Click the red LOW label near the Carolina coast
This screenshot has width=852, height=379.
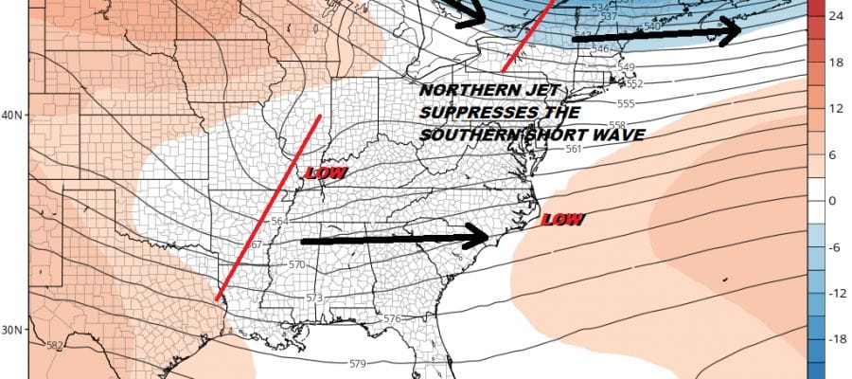pos(561,220)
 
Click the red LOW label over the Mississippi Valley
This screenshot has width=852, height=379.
pos(325,173)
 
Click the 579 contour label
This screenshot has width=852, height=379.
pos(358,364)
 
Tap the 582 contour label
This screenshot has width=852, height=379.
pos(55,345)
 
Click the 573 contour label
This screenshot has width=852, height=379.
pos(315,298)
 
